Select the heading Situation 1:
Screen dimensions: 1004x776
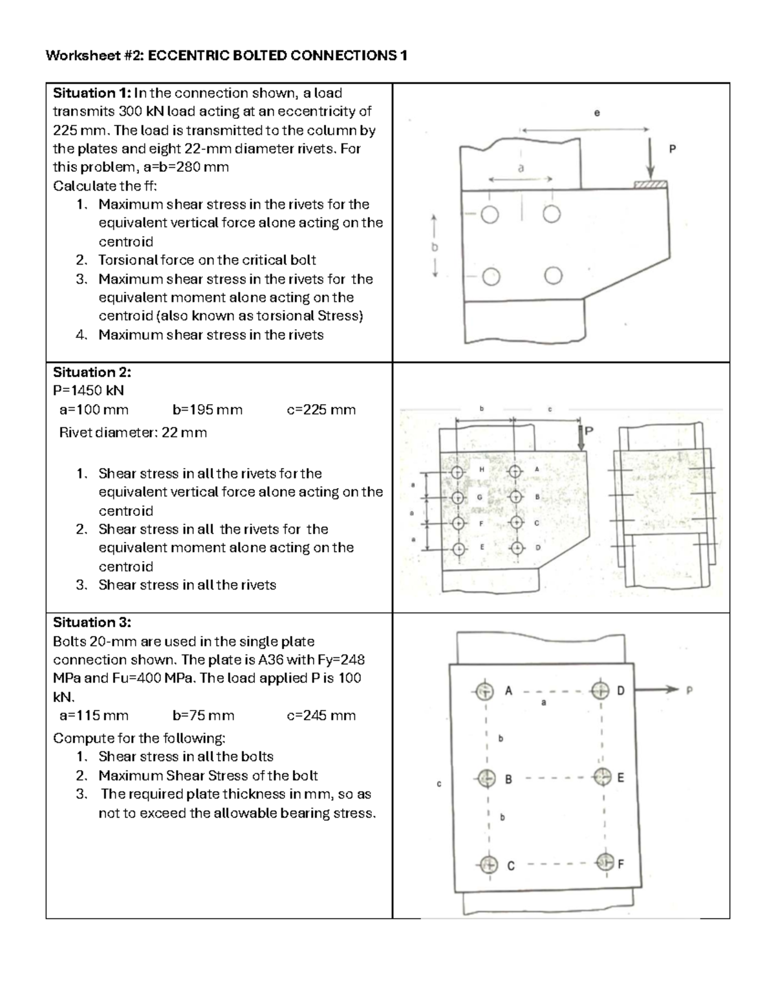(x=91, y=93)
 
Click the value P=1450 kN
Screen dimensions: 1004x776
(x=88, y=391)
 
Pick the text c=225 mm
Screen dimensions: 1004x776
(x=321, y=410)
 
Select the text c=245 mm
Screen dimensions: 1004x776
(x=321, y=716)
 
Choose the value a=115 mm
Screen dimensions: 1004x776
(x=94, y=716)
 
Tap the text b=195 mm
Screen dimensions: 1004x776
(x=208, y=410)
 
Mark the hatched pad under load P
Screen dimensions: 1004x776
(x=650, y=186)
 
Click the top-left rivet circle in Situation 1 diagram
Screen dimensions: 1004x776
(x=490, y=215)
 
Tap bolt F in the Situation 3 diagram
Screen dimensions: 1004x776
(x=603, y=862)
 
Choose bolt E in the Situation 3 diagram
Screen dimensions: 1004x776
(x=603, y=776)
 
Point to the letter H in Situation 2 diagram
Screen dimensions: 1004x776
(x=481, y=469)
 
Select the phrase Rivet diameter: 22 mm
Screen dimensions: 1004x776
(x=133, y=433)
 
